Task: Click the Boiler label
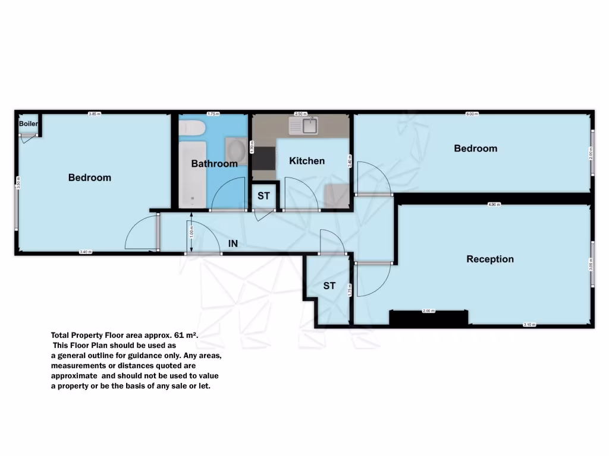[29, 123]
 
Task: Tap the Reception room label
[490, 259]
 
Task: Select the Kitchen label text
[307, 161]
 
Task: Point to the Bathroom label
[214, 163]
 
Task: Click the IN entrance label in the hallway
[234, 243]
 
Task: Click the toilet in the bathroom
[192, 128]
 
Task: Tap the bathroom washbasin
[236, 147]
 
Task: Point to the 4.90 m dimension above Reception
[494, 204]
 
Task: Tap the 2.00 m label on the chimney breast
[428, 311]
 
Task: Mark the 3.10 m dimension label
[529, 325]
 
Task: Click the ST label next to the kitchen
[263, 196]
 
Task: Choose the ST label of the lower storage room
[329, 286]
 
